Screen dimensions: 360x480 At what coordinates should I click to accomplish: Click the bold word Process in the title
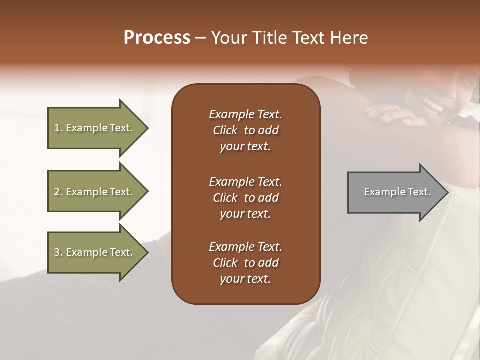[x=157, y=38]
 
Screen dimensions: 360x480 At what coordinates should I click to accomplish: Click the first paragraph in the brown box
[x=245, y=130]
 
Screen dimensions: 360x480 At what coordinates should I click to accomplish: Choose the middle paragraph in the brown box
[x=245, y=198]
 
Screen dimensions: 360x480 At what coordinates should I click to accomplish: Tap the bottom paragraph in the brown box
[x=245, y=263]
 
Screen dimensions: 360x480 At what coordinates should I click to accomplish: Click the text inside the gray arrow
[x=397, y=192]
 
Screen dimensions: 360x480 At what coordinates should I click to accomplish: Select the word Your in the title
[x=230, y=38]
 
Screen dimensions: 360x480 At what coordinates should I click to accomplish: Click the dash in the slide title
[x=200, y=38]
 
